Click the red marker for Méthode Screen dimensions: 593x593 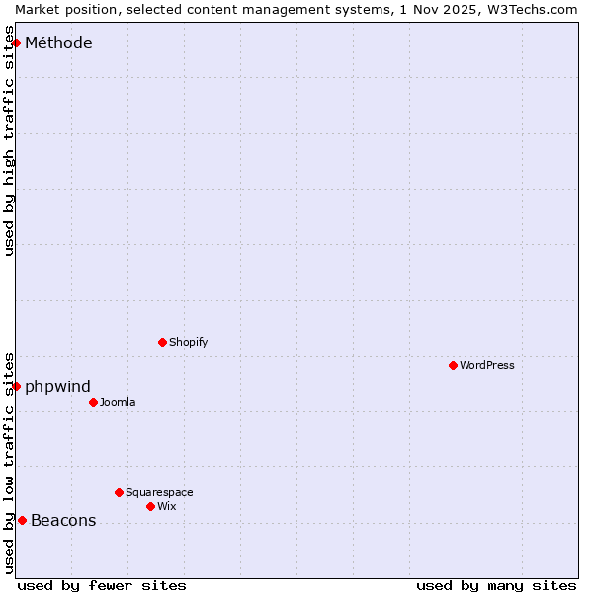click(x=16, y=42)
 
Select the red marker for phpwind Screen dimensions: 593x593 click(x=16, y=386)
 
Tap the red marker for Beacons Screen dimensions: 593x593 click(x=22, y=520)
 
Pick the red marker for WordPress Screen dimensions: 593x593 click(x=453, y=365)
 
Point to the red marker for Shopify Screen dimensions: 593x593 click(x=162, y=342)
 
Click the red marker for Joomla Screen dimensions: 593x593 click(x=93, y=402)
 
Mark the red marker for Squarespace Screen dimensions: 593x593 click(x=119, y=492)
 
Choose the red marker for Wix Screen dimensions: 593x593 click(x=150, y=506)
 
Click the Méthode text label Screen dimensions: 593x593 click(x=58, y=42)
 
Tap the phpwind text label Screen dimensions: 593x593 click(x=57, y=386)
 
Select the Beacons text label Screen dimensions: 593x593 click(x=63, y=521)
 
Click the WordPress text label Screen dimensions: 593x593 click(x=487, y=365)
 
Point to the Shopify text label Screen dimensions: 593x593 click(x=188, y=342)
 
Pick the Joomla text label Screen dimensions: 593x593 click(x=118, y=402)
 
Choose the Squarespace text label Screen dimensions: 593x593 click(x=159, y=492)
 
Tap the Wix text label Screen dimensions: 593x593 click(x=166, y=506)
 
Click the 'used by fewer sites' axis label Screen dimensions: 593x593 click(x=102, y=585)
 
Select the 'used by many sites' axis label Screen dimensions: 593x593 click(x=496, y=585)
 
